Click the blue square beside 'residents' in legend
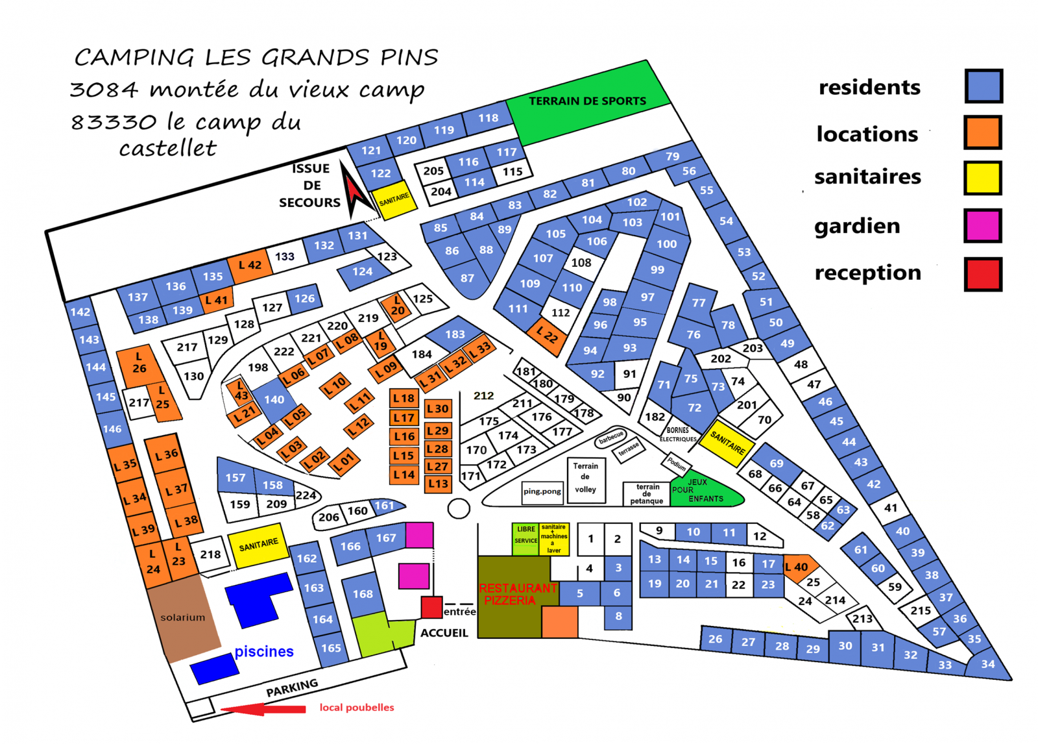pyautogui.click(x=983, y=86)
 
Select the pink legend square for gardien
pyautogui.click(x=982, y=225)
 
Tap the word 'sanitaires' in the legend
pyautogui.click(x=867, y=177)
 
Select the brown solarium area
pyautogui.click(x=184, y=617)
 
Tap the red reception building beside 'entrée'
pyautogui.click(x=431, y=607)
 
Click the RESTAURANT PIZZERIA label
pyautogui.click(x=517, y=594)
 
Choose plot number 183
pyautogui.click(x=455, y=334)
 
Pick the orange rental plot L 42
pyautogui.click(x=250, y=265)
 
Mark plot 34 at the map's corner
pyautogui.click(x=987, y=664)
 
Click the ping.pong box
pyautogui.click(x=542, y=491)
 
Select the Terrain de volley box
pyautogui.click(x=585, y=478)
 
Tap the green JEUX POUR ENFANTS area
pyautogui.click(x=704, y=491)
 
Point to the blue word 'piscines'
pyautogui.click(x=264, y=651)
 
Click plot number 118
pyautogui.click(x=488, y=118)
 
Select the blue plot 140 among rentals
pyautogui.click(x=274, y=399)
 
